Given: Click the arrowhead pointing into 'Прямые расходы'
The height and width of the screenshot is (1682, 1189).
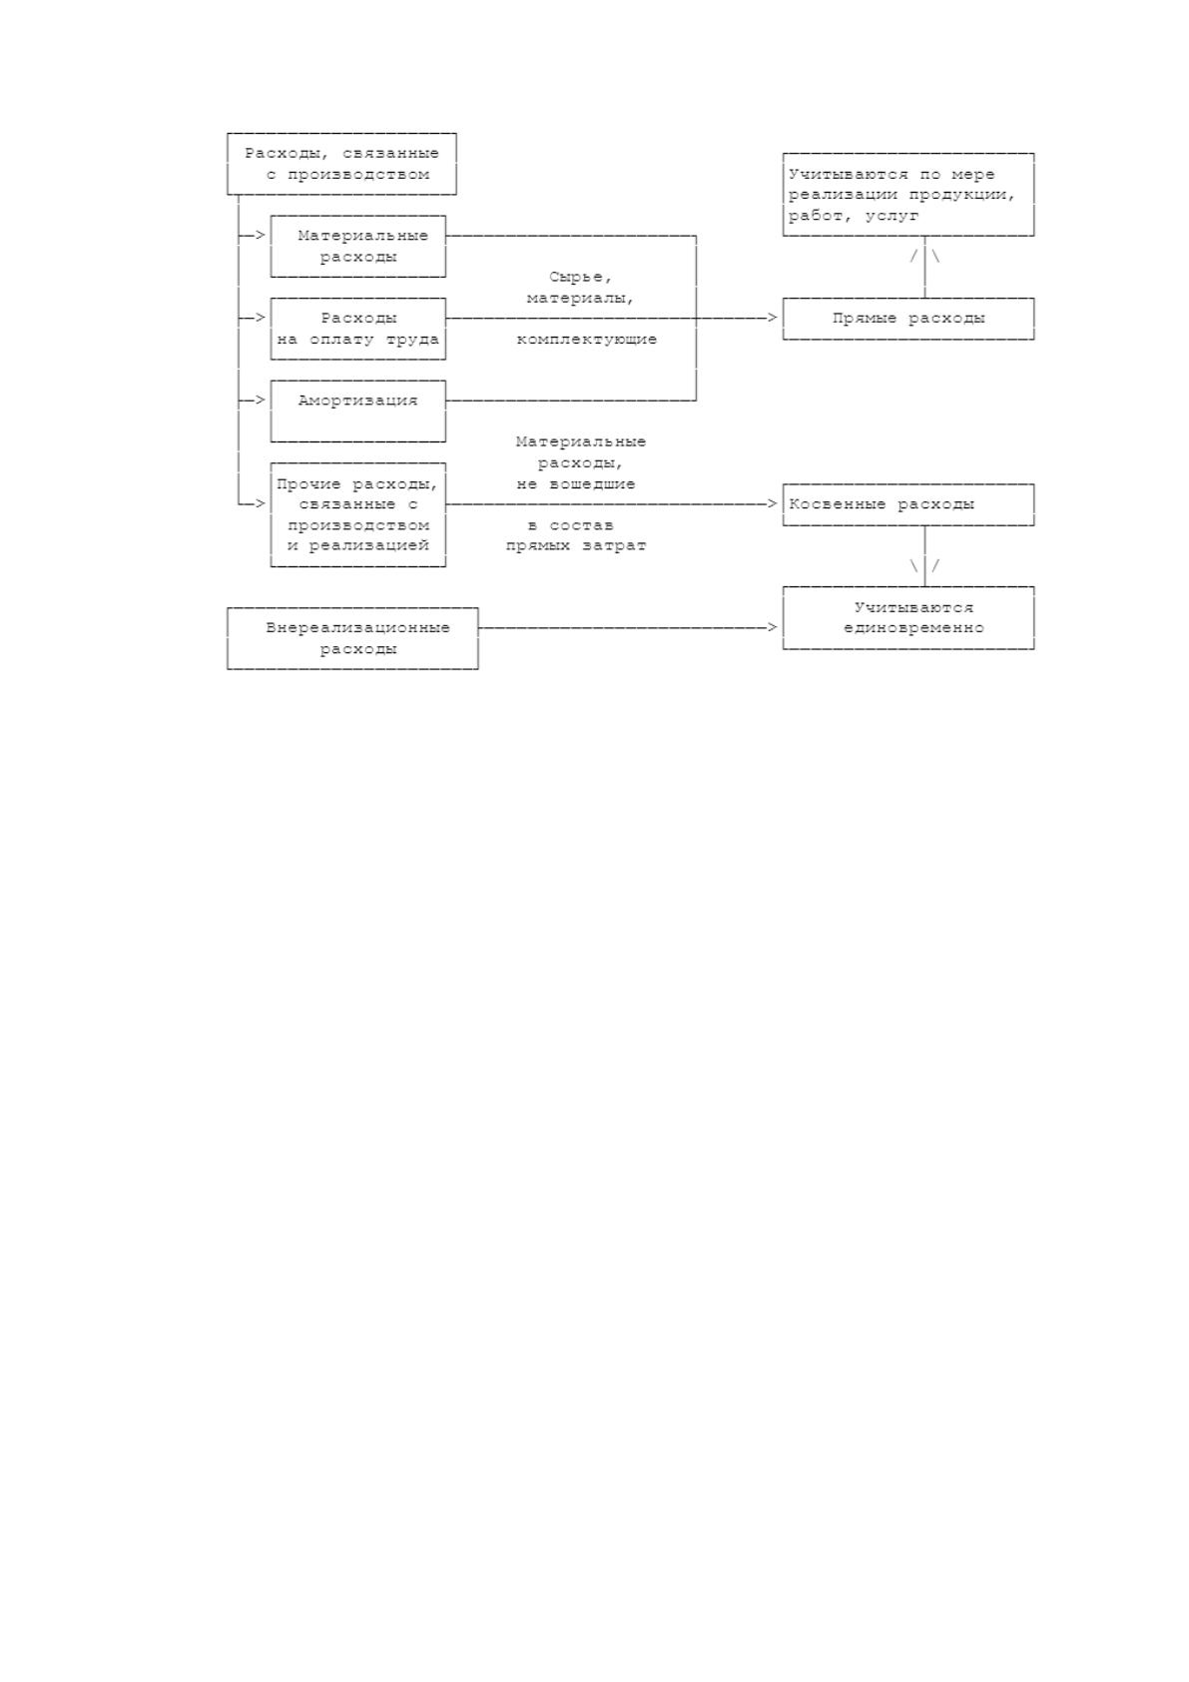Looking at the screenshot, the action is (773, 319).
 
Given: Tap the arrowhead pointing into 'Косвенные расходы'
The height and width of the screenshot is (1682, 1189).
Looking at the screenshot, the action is (773, 503).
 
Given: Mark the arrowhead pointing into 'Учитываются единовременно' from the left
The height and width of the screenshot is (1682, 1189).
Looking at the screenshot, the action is (773, 627).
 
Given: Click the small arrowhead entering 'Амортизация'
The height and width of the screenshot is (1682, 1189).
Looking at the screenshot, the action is (261, 401).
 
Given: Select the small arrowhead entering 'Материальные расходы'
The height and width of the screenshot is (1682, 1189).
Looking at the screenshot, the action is (261, 236).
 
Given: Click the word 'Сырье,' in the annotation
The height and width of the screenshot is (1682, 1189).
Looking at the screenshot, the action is (580, 278).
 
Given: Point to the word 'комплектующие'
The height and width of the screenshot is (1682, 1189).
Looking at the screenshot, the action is (586, 340).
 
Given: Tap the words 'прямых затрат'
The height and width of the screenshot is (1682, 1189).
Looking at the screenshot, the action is (576, 546).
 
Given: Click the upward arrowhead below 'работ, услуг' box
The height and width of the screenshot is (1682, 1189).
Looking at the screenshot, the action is (924, 256).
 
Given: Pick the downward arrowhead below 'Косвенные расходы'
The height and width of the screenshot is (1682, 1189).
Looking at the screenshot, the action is (924, 566).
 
